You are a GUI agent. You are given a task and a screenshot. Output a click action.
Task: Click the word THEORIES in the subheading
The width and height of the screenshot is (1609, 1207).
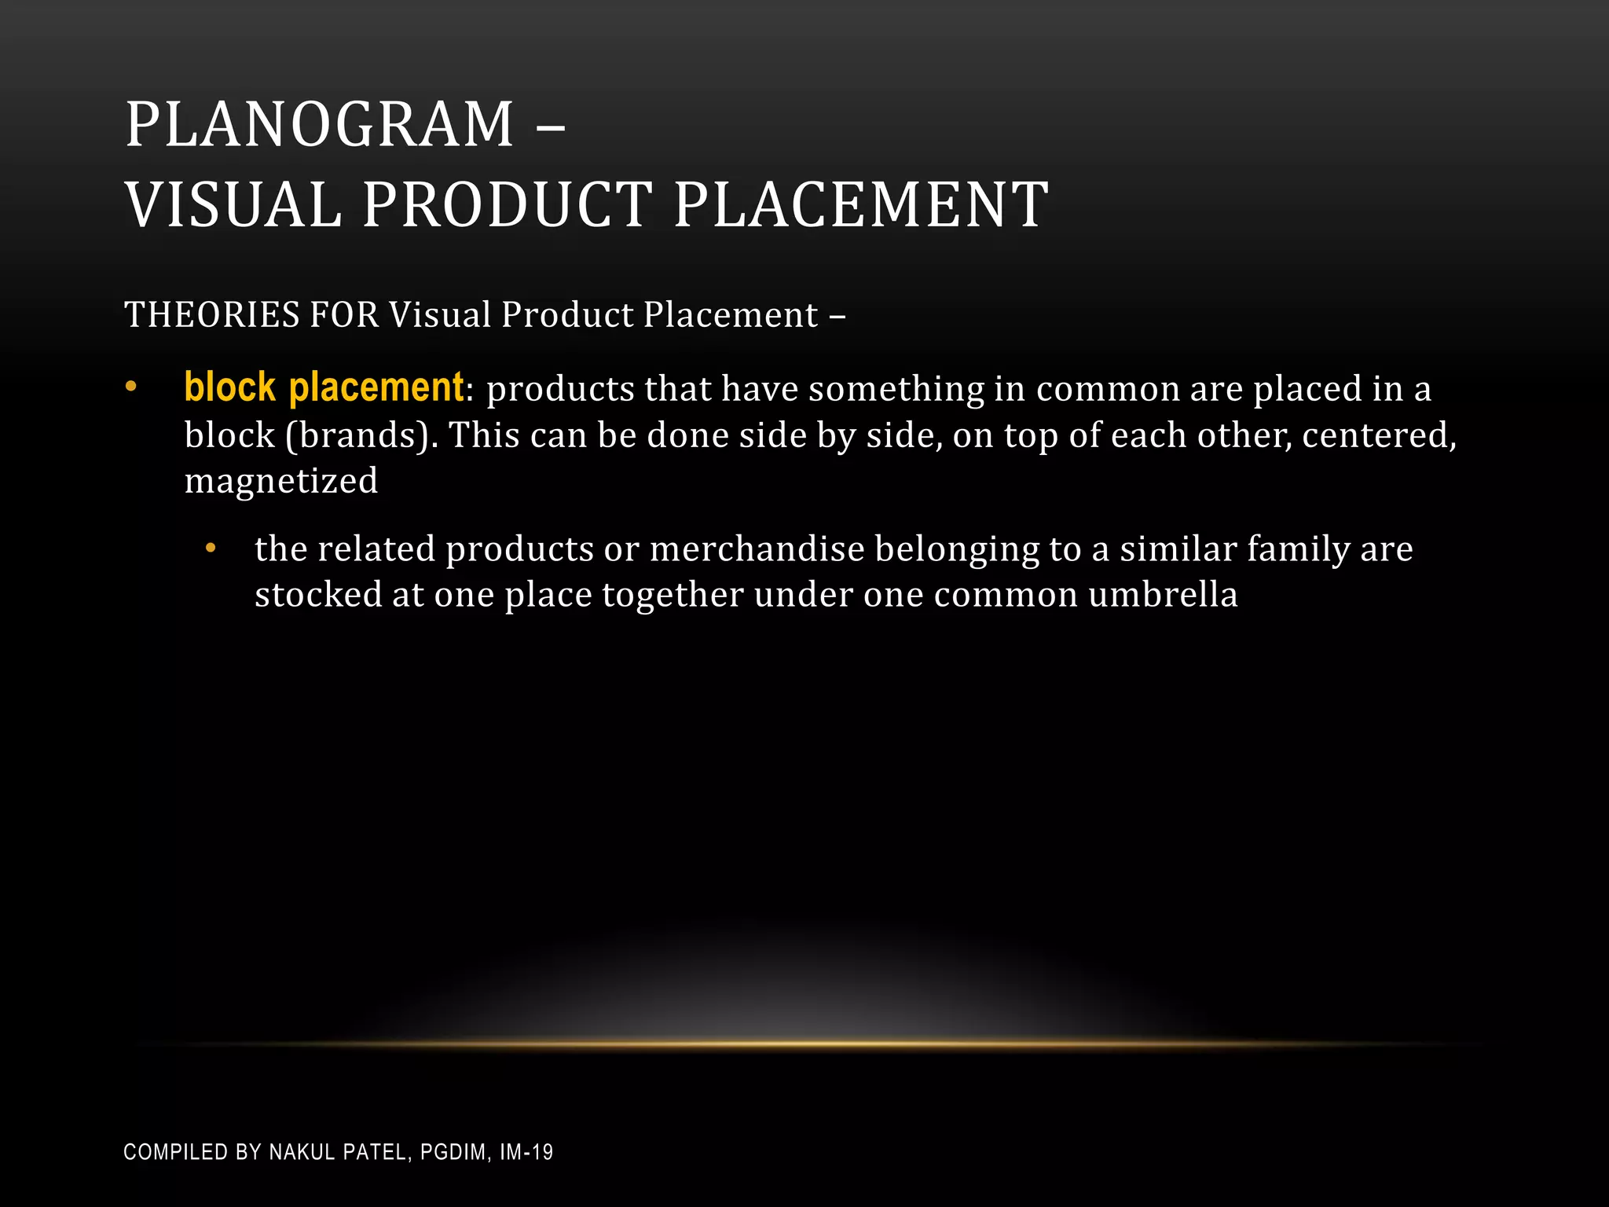click(212, 315)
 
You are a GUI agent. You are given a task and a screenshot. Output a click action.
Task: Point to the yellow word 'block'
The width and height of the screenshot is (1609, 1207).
click(229, 388)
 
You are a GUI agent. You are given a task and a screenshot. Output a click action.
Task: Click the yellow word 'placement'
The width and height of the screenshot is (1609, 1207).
click(376, 388)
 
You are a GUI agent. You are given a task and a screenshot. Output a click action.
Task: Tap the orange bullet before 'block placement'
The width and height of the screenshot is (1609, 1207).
click(131, 387)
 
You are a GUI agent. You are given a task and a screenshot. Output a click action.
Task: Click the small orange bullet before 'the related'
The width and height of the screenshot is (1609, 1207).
click(210, 548)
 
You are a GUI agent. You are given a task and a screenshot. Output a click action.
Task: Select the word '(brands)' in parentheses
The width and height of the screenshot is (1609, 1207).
click(361, 435)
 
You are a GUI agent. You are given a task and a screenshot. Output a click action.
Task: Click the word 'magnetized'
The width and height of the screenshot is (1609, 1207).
click(281, 481)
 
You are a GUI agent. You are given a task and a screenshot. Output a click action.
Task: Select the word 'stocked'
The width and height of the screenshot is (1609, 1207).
click(318, 595)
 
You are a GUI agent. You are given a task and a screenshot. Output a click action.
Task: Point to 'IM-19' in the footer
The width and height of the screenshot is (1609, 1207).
click(526, 1152)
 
